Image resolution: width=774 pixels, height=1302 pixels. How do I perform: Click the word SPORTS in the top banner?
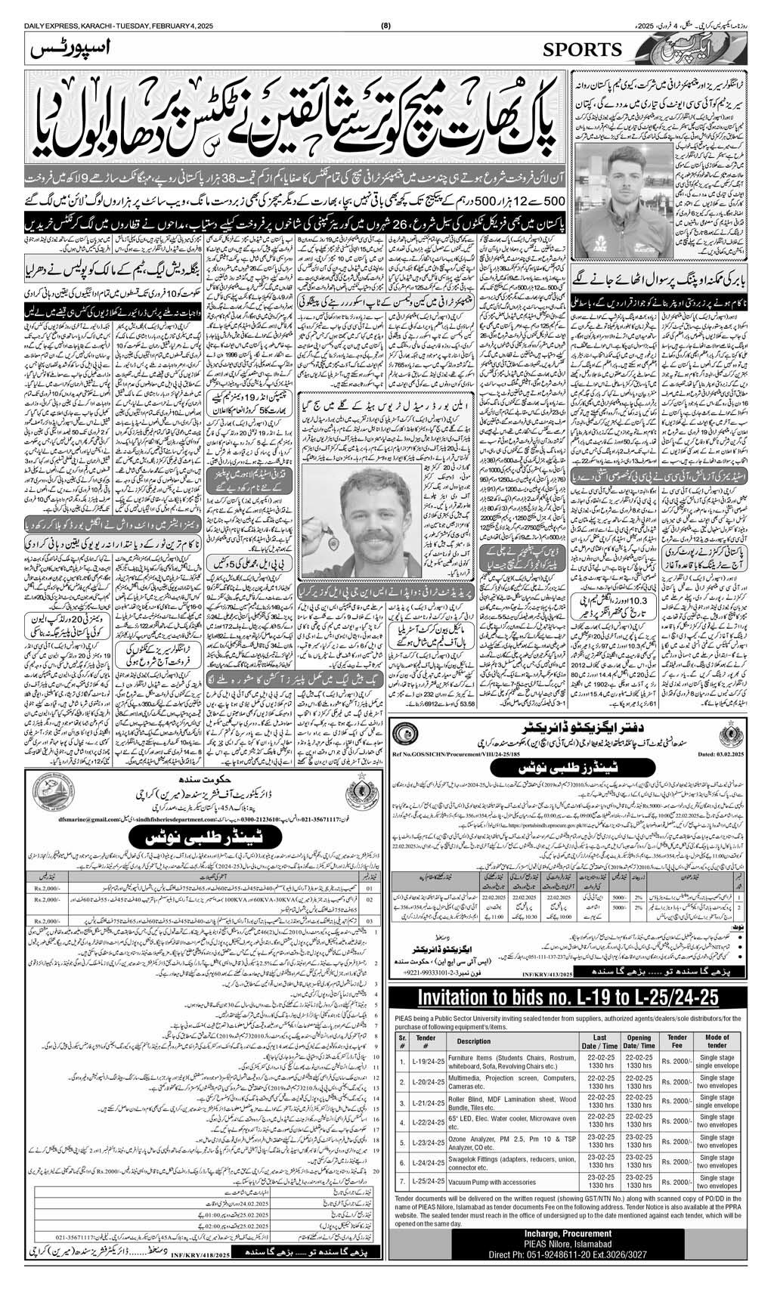[582, 50]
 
